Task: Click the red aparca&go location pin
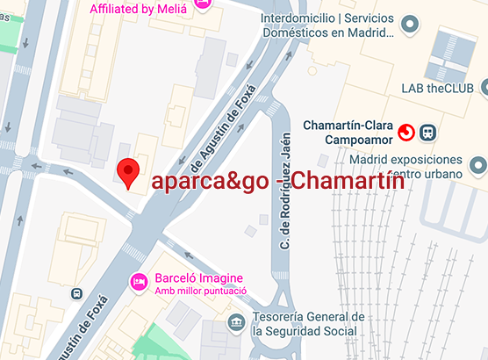pyautogui.click(x=129, y=173)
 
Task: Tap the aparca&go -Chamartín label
pyautogui.click(x=277, y=183)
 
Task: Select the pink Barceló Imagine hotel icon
pyautogui.click(x=139, y=281)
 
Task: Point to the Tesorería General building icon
pyautogui.click(x=236, y=323)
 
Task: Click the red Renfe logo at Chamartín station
pyautogui.click(x=406, y=133)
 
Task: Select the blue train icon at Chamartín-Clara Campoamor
pyautogui.click(x=428, y=133)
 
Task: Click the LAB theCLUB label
pyautogui.click(x=435, y=88)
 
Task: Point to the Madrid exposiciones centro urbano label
pyautogui.click(x=405, y=167)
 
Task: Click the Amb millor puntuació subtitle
pyautogui.click(x=200, y=292)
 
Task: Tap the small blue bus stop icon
pyautogui.click(x=76, y=293)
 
